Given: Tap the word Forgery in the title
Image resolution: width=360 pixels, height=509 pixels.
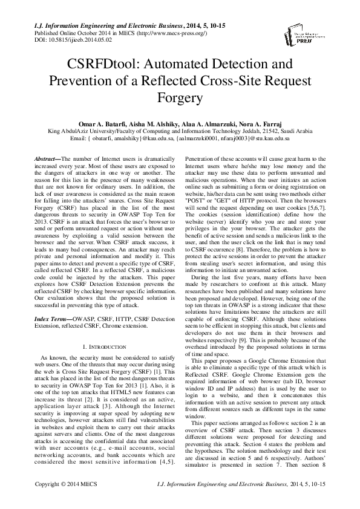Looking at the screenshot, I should pos(180,97).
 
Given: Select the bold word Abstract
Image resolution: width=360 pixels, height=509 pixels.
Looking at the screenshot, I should pos(45,158).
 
